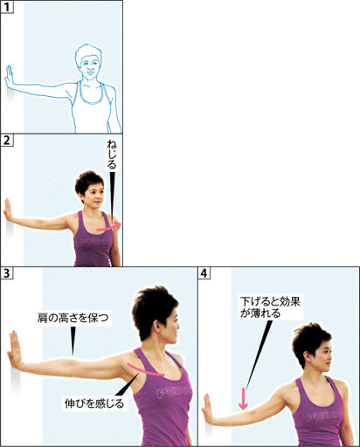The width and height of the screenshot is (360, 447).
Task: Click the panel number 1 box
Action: [7, 6]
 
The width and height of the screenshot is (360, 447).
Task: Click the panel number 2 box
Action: [7, 140]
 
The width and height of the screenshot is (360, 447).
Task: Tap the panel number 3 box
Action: [7, 273]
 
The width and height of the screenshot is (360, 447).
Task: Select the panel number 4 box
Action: [204, 273]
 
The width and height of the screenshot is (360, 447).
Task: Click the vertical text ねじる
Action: [111, 155]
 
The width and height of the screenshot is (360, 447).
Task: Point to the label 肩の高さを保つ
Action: [73, 318]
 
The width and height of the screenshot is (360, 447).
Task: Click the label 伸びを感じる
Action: [94, 403]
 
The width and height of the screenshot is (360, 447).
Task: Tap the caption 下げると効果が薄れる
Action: [270, 307]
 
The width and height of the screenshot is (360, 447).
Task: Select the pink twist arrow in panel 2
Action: [109, 227]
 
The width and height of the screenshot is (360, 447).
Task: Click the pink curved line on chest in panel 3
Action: [146, 370]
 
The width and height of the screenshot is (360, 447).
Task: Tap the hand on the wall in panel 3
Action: [15, 350]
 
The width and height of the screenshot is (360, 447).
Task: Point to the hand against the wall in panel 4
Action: [208, 408]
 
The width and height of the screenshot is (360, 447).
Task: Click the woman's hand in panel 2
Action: [7, 210]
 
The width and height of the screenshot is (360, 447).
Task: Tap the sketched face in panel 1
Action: [90, 67]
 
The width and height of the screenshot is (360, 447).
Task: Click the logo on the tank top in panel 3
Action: [174, 393]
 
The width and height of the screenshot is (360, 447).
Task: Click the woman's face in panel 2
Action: [95, 196]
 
